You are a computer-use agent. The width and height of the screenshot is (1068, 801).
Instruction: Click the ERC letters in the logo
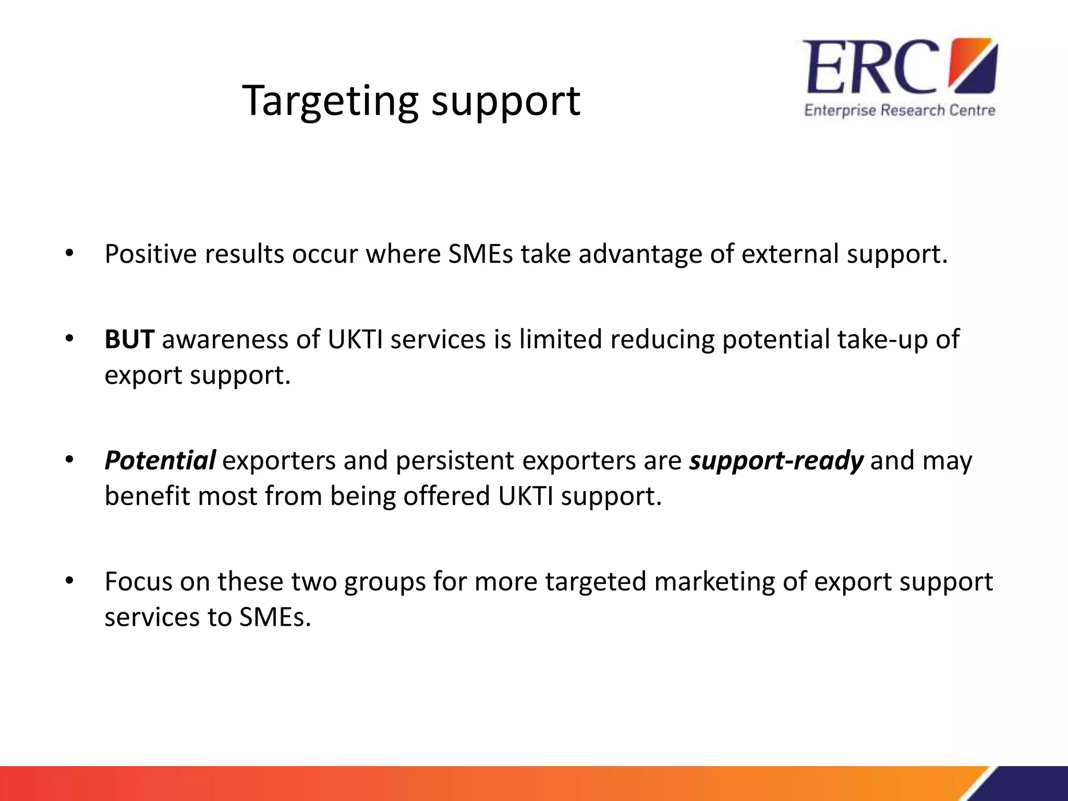pos(871,67)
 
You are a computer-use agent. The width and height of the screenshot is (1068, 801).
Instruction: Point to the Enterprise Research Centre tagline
pos(900,111)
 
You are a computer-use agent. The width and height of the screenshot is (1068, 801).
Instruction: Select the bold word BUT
pos(129,339)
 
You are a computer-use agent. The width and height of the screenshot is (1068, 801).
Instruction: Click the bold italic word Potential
pos(160,460)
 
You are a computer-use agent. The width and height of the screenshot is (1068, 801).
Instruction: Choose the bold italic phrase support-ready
pos(776,460)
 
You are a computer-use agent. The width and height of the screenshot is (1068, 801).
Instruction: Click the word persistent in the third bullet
pos(455,460)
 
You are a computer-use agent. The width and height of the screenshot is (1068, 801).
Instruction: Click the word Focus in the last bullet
pos(138,581)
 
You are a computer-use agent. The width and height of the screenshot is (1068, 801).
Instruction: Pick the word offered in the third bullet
pos(446,495)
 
